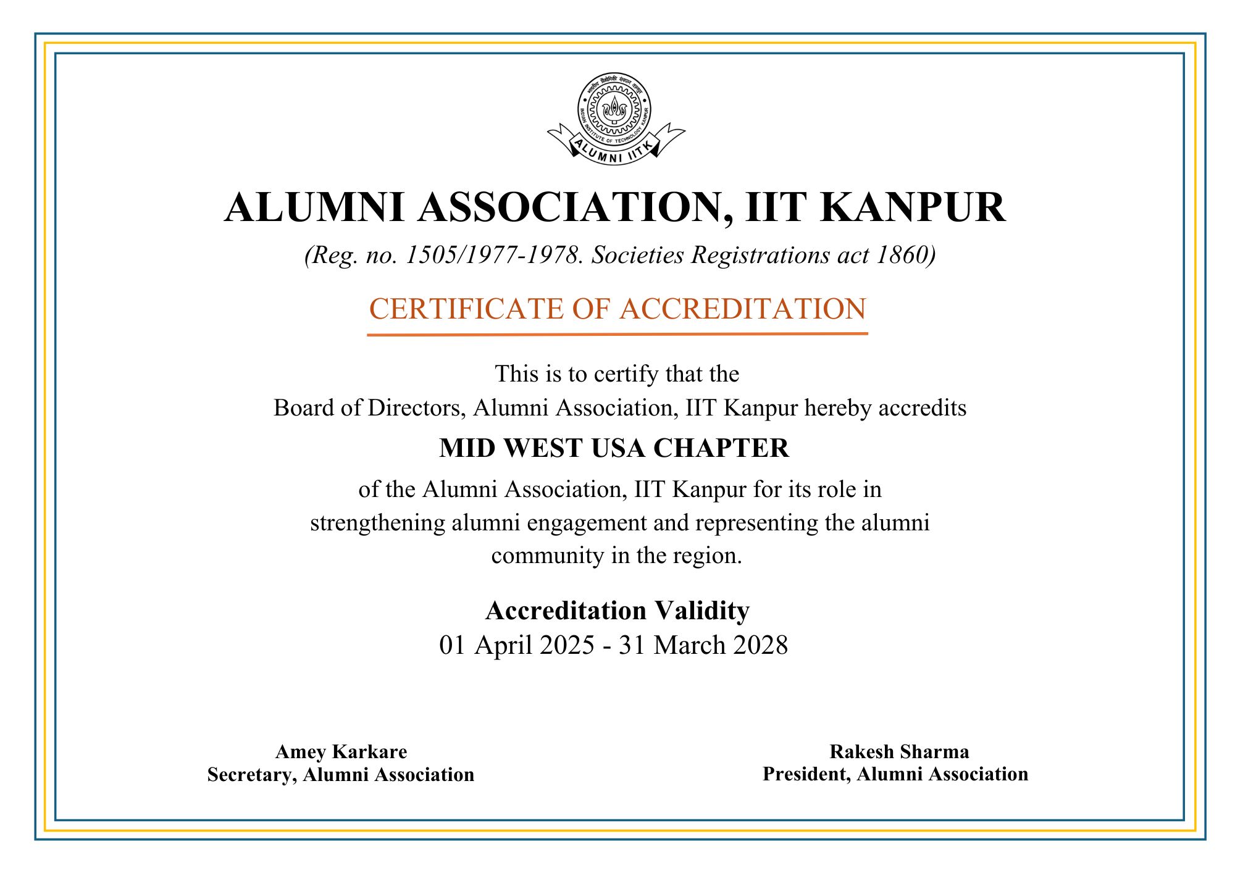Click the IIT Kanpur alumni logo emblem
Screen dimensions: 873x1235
(x=614, y=111)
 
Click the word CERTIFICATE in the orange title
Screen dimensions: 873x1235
(x=466, y=309)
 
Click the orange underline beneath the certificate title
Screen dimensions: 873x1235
(x=617, y=334)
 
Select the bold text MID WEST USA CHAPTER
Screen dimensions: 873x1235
(x=614, y=448)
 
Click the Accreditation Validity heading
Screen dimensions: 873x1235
(x=617, y=611)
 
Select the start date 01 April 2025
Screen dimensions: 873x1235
(x=516, y=645)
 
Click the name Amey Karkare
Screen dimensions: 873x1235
(x=341, y=751)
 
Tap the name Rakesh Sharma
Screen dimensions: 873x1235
(x=898, y=751)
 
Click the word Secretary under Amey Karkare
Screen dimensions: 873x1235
(x=250, y=774)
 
